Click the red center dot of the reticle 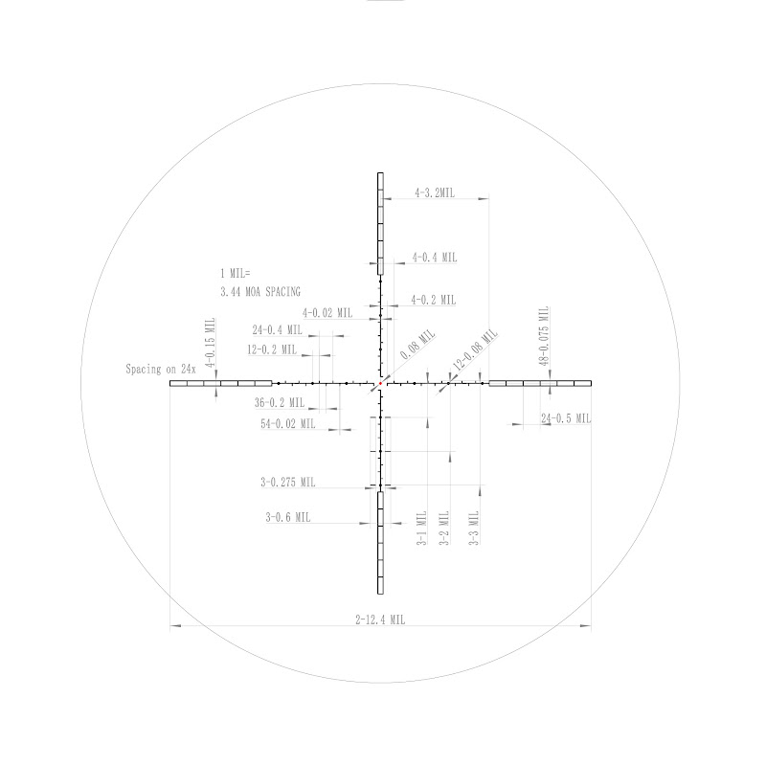coord(380,384)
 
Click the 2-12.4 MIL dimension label coord(380,620)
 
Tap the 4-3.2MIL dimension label coord(435,193)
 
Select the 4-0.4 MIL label coord(435,258)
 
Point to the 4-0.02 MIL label coord(327,313)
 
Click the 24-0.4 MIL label coord(278,329)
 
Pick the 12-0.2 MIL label coord(272,349)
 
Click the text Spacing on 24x coord(161,369)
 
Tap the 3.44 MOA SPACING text coord(260,292)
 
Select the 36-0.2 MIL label coord(280,402)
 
